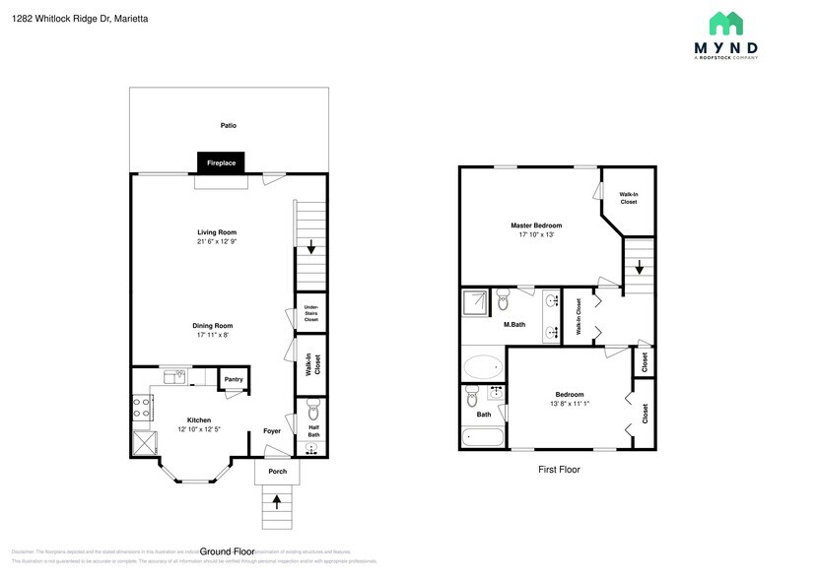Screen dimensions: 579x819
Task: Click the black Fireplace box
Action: (x=221, y=162)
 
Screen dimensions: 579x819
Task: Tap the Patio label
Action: (x=228, y=125)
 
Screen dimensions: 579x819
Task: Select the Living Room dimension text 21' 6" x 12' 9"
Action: (x=216, y=241)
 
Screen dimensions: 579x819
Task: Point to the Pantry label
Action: (x=234, y=379)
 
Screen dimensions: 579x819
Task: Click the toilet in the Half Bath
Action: (x=312, y=409)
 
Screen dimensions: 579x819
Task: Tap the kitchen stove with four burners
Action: (x=142, y=407)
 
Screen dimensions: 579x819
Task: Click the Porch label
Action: (x=278, y=472)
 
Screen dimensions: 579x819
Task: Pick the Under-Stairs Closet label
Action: (x=311, y=313)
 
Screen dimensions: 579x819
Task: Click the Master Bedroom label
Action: (x=536, y=225)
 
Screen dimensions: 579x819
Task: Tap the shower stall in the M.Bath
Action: (x=475, y=302)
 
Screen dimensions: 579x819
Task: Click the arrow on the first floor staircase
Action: (x=639, y=267)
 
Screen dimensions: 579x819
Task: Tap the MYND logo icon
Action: (x=727, y=24)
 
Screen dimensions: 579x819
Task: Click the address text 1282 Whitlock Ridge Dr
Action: (x=59, y=17)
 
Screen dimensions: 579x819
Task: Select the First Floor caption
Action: (x=558, y=470)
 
